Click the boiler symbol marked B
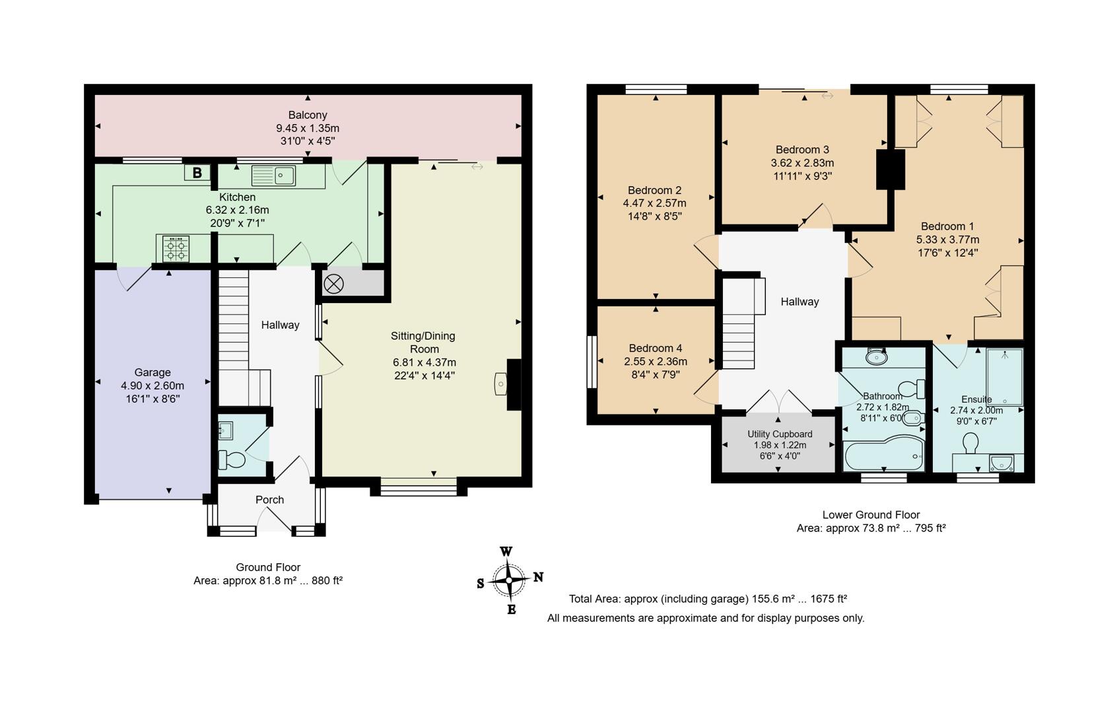click(x=197, y=173)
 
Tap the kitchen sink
click(x=273, y=176)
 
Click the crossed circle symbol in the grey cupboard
click(x=333, y=285)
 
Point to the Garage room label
click(x=153, y=372)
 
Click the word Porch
click(x=269, y=500)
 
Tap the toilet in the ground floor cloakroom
click(x=232, y=459)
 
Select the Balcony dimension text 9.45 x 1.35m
click(x=308, y=128)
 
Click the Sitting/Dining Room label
click(x=424, y=342)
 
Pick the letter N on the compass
click(x=538, y=577)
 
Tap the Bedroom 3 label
click(x=802, y=150)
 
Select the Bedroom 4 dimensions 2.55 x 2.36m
click(x=656, y=361)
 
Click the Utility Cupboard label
click(x=780, y=434)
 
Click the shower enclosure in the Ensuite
click(x=1004, y=376)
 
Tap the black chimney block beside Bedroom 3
click(x=890, y=170)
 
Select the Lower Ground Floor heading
click(x=871, y=515)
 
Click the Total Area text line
click(x=708, y=599)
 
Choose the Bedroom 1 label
click(x=947, y=226)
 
